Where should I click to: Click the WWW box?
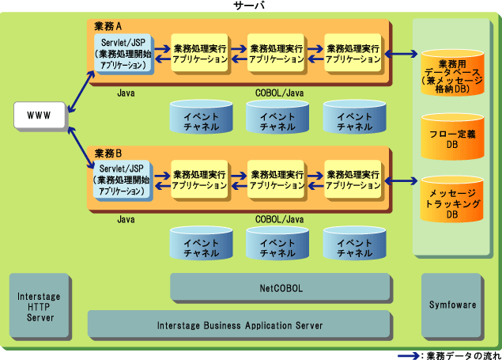click(x=39, y=116)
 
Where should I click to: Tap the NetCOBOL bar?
click(x=281, y=288)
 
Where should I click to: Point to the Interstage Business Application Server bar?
click(x=240, y=324)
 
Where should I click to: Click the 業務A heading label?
click(x=108, y=26)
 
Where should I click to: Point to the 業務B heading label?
click(x=108, y=152)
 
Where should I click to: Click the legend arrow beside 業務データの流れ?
click(x=408, y=354)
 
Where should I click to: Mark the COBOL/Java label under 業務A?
click(x=279, y=93)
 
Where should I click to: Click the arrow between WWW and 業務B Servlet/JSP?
click(x=77, y=148)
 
